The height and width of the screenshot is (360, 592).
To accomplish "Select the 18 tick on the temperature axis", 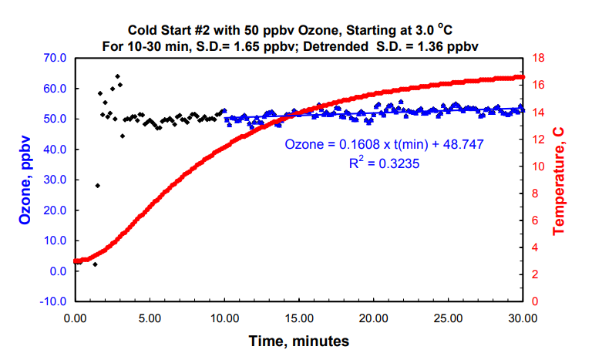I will click(539, 58).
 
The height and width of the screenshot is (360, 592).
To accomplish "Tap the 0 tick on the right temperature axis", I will click(536, 301).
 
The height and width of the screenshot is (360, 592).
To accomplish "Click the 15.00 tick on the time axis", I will click(298, 317).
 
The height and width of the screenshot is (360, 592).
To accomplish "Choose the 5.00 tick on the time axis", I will click(149, 317).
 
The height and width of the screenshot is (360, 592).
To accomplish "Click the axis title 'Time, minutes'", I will click(298, 340).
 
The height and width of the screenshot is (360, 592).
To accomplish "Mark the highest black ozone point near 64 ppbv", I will click(118, 76).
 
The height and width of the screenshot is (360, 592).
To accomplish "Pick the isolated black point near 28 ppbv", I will click(97, 185).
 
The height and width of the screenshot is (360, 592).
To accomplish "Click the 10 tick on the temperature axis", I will click(539, 166).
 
